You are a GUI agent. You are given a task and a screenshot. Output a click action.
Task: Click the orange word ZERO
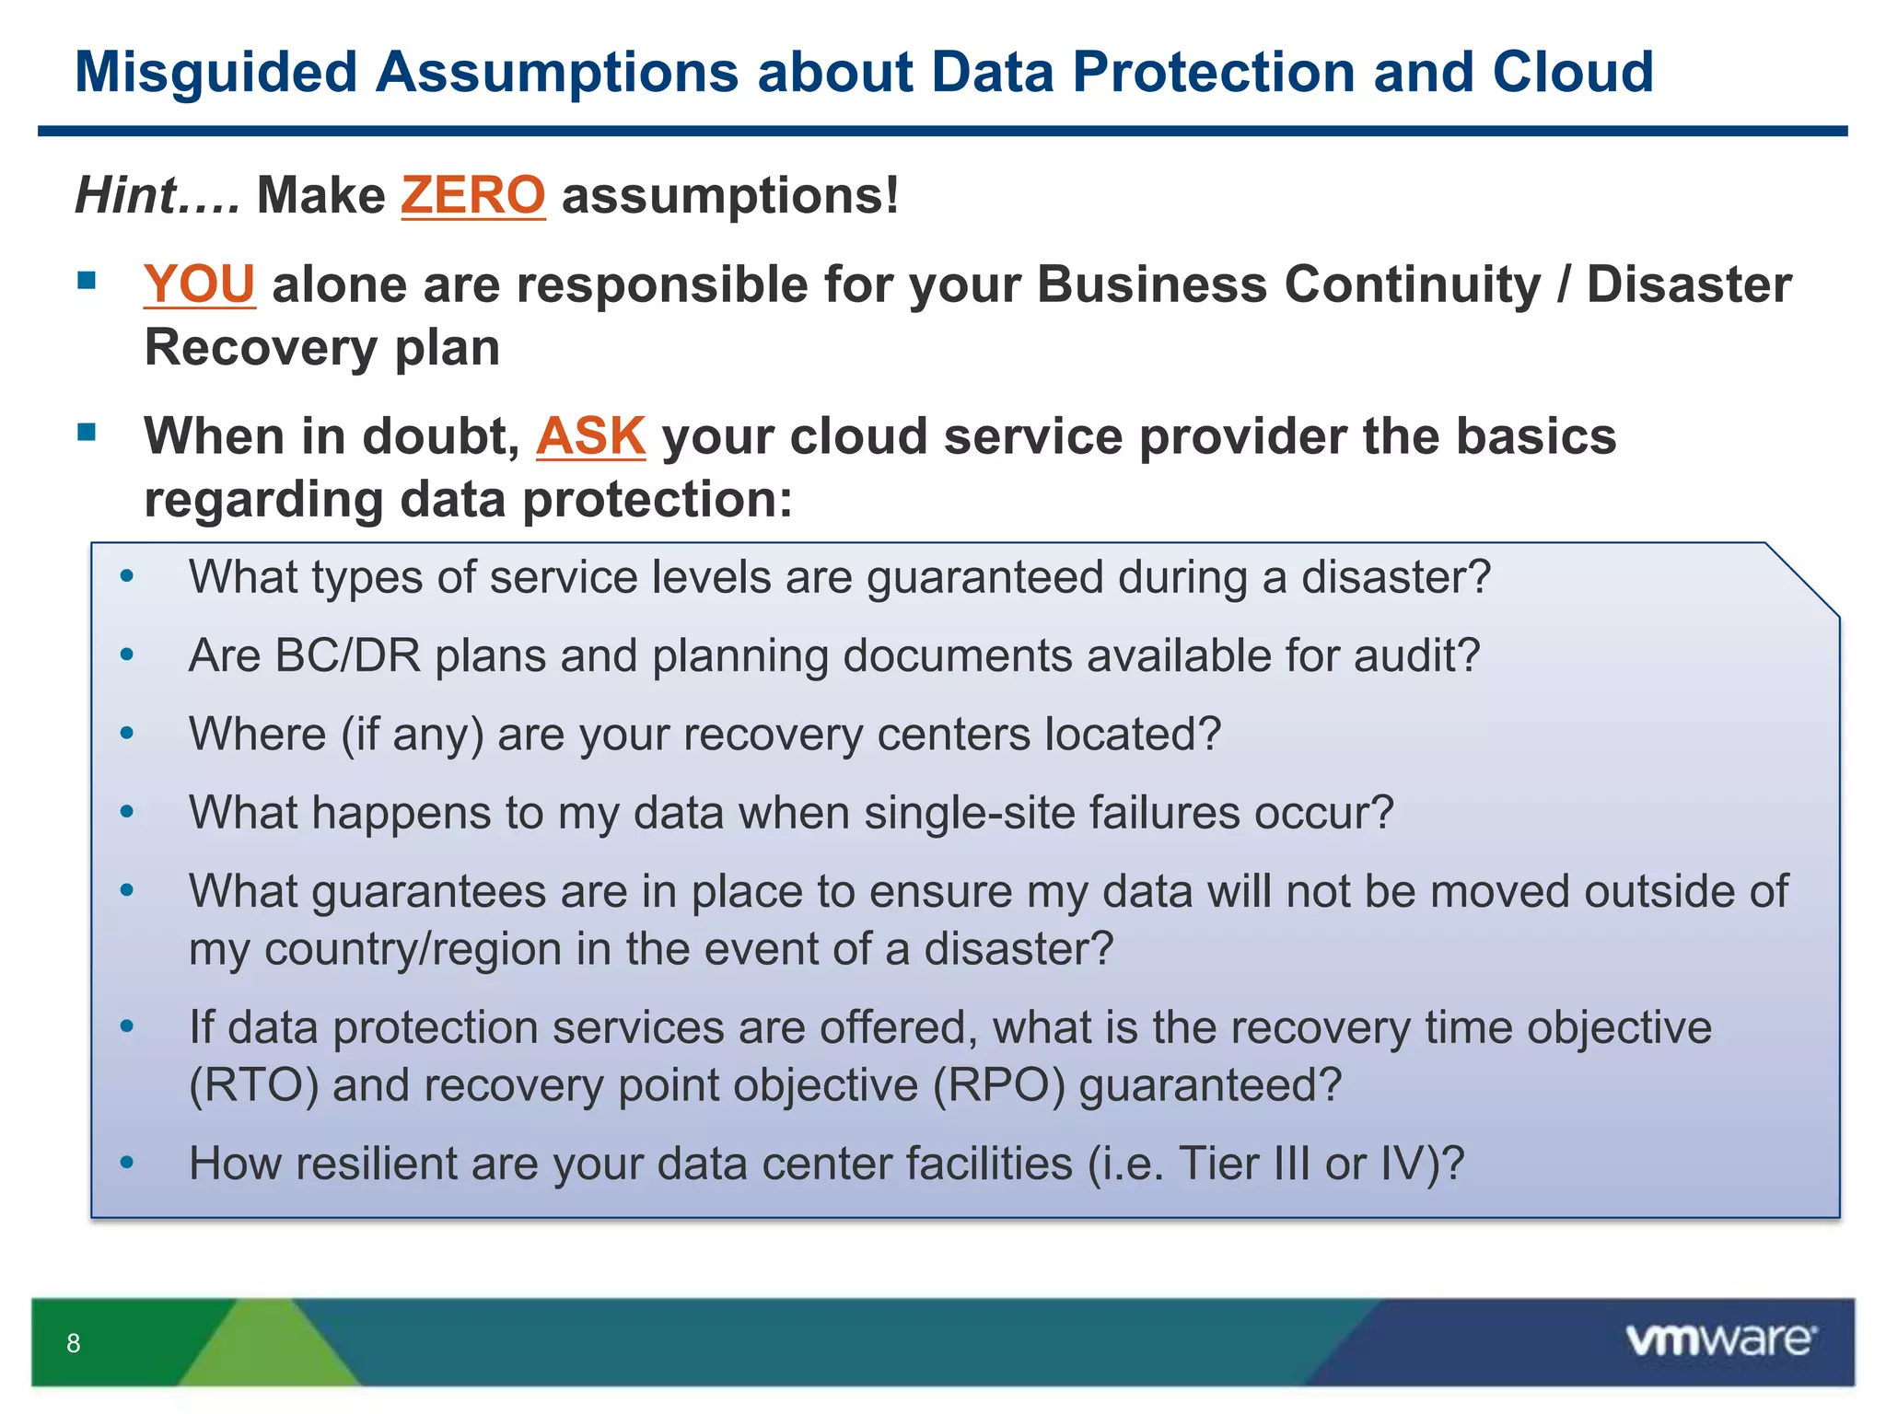(x=472, y=195)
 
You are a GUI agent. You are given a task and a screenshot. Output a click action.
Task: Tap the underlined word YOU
(x=199, y=284)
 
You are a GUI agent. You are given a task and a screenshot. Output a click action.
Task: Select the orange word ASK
(x=590, y=435)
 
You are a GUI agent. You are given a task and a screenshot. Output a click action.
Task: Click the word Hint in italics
(x=126, y=195)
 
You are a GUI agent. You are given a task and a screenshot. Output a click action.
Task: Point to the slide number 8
(x=74, y=1343)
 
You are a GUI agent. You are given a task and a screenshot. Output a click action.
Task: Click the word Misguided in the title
(x=215, y=72)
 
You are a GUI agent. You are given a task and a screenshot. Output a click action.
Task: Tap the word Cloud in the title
(x=1573, y=72)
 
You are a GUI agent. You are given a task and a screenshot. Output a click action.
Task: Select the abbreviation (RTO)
(x=253, y=1084)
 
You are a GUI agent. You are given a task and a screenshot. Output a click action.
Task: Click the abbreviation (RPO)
(x=998, y=1084)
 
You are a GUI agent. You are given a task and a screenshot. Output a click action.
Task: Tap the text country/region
(x=413, y=948)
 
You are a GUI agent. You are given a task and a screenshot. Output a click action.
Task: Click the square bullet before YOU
(x=87, y=281)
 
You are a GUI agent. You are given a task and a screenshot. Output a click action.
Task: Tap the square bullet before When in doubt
(x=87, y=433)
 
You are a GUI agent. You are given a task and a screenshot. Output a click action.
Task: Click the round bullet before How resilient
(x=127, y=1163)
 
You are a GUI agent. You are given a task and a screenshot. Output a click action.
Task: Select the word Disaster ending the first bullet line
(x=1688, y=284)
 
